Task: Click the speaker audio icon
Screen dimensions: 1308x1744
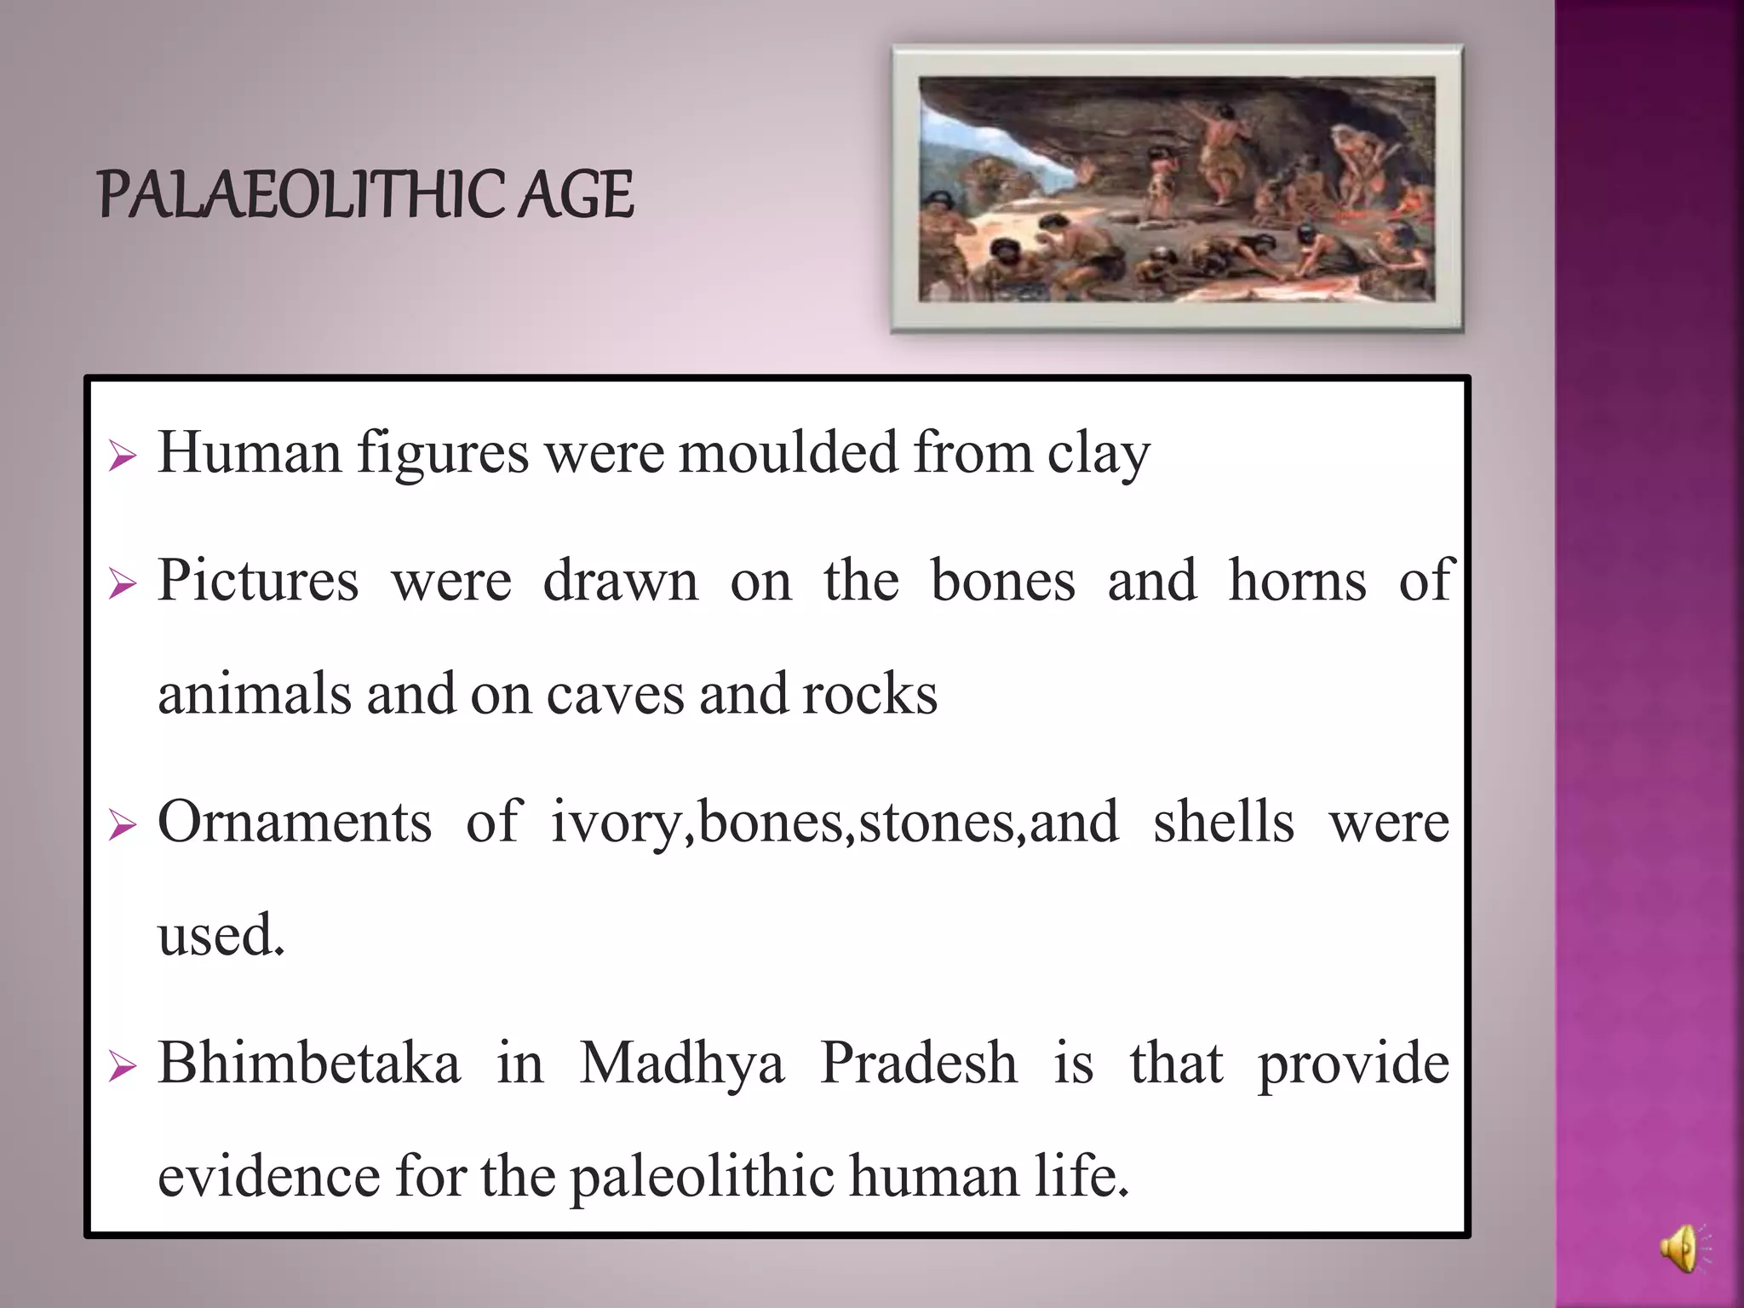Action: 1683,1249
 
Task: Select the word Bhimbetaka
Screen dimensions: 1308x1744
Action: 309,1064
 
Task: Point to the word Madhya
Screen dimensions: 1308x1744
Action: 681,1065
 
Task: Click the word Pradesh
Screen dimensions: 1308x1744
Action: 918,1064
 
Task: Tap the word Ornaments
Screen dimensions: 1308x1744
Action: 295,823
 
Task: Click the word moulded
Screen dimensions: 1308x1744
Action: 788,452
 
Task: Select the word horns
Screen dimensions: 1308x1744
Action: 1298,581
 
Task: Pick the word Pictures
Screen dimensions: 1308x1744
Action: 258,581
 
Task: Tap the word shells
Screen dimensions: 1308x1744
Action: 1224,823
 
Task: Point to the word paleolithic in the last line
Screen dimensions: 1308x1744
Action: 702,1178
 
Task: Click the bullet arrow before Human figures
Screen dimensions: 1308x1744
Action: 123,457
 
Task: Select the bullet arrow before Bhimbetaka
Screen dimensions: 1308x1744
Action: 123,1067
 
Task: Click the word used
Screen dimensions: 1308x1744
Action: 221,935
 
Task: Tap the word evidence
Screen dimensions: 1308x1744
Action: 268,1176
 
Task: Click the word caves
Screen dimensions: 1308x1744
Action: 615,694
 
